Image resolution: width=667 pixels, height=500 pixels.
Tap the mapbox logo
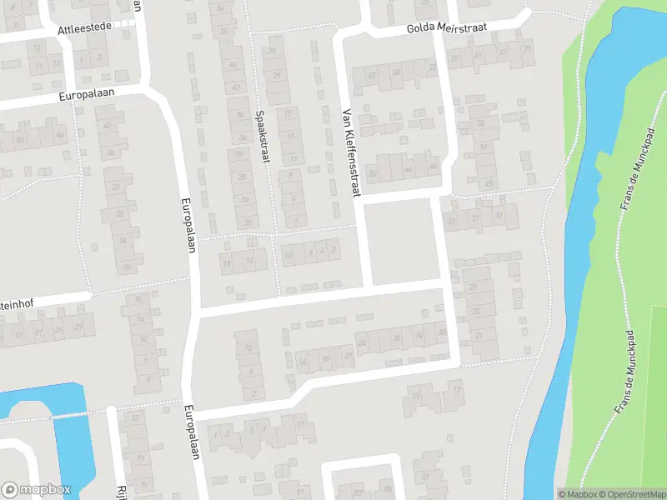[36, 490]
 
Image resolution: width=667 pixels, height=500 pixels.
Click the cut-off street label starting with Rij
[121, 492]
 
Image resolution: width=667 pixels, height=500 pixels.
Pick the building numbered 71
[527, 49]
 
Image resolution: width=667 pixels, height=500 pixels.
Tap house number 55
[482, 124]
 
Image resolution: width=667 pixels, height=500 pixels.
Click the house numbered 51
[484, 148]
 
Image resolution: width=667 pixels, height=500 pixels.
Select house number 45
[489, 182]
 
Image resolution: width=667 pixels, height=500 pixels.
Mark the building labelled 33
[474, 217]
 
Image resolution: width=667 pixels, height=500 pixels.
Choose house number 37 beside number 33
[451, 221]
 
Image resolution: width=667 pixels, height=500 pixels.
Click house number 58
[396, 73]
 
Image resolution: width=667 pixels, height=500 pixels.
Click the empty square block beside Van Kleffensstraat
[402, 242]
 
